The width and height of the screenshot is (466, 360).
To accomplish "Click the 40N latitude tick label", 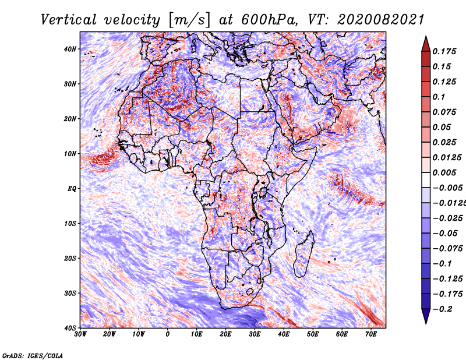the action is tap(69, 49).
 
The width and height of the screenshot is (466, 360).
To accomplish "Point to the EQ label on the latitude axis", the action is tap(72, 189).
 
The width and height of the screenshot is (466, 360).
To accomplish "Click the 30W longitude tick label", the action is tap(80, 334).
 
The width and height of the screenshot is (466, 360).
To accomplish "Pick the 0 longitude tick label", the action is tap(168, 334).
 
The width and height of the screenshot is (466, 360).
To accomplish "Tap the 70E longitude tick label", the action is tap(371, 334).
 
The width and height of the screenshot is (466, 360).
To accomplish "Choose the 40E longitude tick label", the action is tap(284, 334).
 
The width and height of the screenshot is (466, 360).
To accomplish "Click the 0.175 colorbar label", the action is tap(444, 51).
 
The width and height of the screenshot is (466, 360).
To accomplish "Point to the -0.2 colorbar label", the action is tap(443, 309).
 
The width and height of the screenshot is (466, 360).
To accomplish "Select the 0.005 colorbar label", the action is tap(444, 172).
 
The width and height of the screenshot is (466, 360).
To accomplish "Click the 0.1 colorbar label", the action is tap(439, 97).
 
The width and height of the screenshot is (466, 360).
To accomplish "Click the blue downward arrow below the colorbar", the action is tap(426, 316).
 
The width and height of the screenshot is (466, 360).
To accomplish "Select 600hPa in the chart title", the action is tap(269, 20).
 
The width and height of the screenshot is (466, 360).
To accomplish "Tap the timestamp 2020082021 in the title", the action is tap(381, 20).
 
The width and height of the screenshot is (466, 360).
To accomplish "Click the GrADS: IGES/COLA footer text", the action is tap(33, 356).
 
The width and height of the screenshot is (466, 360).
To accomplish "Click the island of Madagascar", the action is tap(304, 253).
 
